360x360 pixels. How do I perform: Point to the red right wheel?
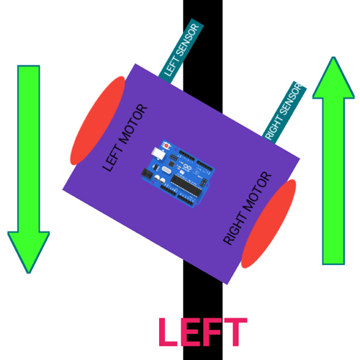(268, 223)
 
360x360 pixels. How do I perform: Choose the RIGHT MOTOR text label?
(247, 208)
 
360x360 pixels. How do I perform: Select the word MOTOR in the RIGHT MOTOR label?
(256, 194)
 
